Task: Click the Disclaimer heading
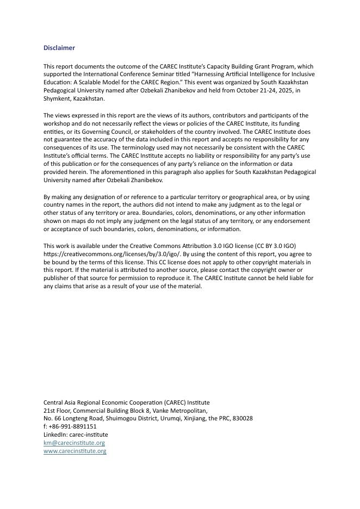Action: (59, 48)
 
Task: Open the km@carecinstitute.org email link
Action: (74, 443)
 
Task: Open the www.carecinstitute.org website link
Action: (75, 451)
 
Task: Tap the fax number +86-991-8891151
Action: (72, 427)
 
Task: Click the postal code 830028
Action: (241, 419)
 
